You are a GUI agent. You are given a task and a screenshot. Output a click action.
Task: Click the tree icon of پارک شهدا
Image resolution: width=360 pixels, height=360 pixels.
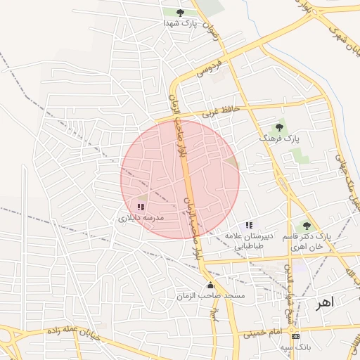point(180,12)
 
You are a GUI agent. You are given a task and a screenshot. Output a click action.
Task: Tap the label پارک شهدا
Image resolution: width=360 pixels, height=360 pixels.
point(179,23)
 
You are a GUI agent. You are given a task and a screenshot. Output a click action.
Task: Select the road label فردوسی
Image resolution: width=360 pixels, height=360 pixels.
point(209,67)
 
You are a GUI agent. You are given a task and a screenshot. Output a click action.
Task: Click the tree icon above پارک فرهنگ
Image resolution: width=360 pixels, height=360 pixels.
point(279,127)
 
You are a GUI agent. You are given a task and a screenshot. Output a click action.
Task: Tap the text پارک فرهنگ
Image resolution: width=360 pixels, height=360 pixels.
point(279,139)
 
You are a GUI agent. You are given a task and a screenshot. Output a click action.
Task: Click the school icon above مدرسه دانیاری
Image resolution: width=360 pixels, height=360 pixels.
point(141,207)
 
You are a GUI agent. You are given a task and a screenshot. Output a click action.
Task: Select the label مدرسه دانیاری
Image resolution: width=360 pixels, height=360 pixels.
point(140,219)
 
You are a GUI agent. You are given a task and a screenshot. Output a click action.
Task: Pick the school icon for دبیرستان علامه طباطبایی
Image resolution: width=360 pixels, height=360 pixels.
point(249,225)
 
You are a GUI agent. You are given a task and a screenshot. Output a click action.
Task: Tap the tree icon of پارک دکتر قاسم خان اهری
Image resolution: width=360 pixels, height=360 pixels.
point(306,225)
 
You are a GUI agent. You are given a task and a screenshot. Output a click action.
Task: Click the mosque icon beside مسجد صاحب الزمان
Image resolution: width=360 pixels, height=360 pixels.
point(210,285)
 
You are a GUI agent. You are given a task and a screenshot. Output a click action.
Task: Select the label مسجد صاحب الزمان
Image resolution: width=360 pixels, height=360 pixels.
point(221,296)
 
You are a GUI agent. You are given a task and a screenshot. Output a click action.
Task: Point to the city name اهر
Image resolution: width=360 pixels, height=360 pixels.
point(326,302)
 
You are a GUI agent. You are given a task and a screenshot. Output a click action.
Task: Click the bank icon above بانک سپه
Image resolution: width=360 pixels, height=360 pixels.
point(295,336)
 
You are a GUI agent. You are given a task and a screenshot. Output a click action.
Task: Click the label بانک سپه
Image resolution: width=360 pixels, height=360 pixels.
point(295,347)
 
